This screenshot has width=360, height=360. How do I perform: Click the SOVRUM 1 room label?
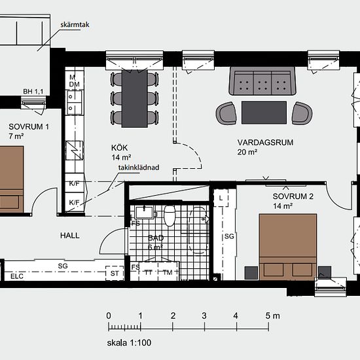(29, 127)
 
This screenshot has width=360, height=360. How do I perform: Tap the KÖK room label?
(119, 148)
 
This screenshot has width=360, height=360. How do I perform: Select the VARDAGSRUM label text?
(265, 142)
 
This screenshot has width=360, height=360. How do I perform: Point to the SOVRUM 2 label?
(293, 196)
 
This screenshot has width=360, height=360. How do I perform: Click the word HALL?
(70, 236)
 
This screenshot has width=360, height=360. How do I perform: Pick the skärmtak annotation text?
(75, 25)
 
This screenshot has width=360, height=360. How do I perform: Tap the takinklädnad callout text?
(139, 168)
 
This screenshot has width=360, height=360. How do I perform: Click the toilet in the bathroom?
(170, 216)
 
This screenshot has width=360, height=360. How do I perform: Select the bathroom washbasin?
(144, 213)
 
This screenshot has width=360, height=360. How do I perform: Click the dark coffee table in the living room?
(264, 113)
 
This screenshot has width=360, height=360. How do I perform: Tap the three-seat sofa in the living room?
(262, 81)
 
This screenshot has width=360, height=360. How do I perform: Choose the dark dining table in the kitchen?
(135, 98)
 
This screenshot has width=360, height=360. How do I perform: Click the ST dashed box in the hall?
(115, 273)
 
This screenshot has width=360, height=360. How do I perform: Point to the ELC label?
(17, 276)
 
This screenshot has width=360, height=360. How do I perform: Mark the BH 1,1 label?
(33, 92)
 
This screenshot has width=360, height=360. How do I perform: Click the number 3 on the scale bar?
(204, 316)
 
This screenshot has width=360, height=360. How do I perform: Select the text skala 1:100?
(129, 343)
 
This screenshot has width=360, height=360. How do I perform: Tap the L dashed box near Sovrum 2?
(221, 198)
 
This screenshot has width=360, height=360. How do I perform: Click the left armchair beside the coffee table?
(226, 113)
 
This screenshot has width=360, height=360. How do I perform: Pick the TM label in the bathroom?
(168, 272)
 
